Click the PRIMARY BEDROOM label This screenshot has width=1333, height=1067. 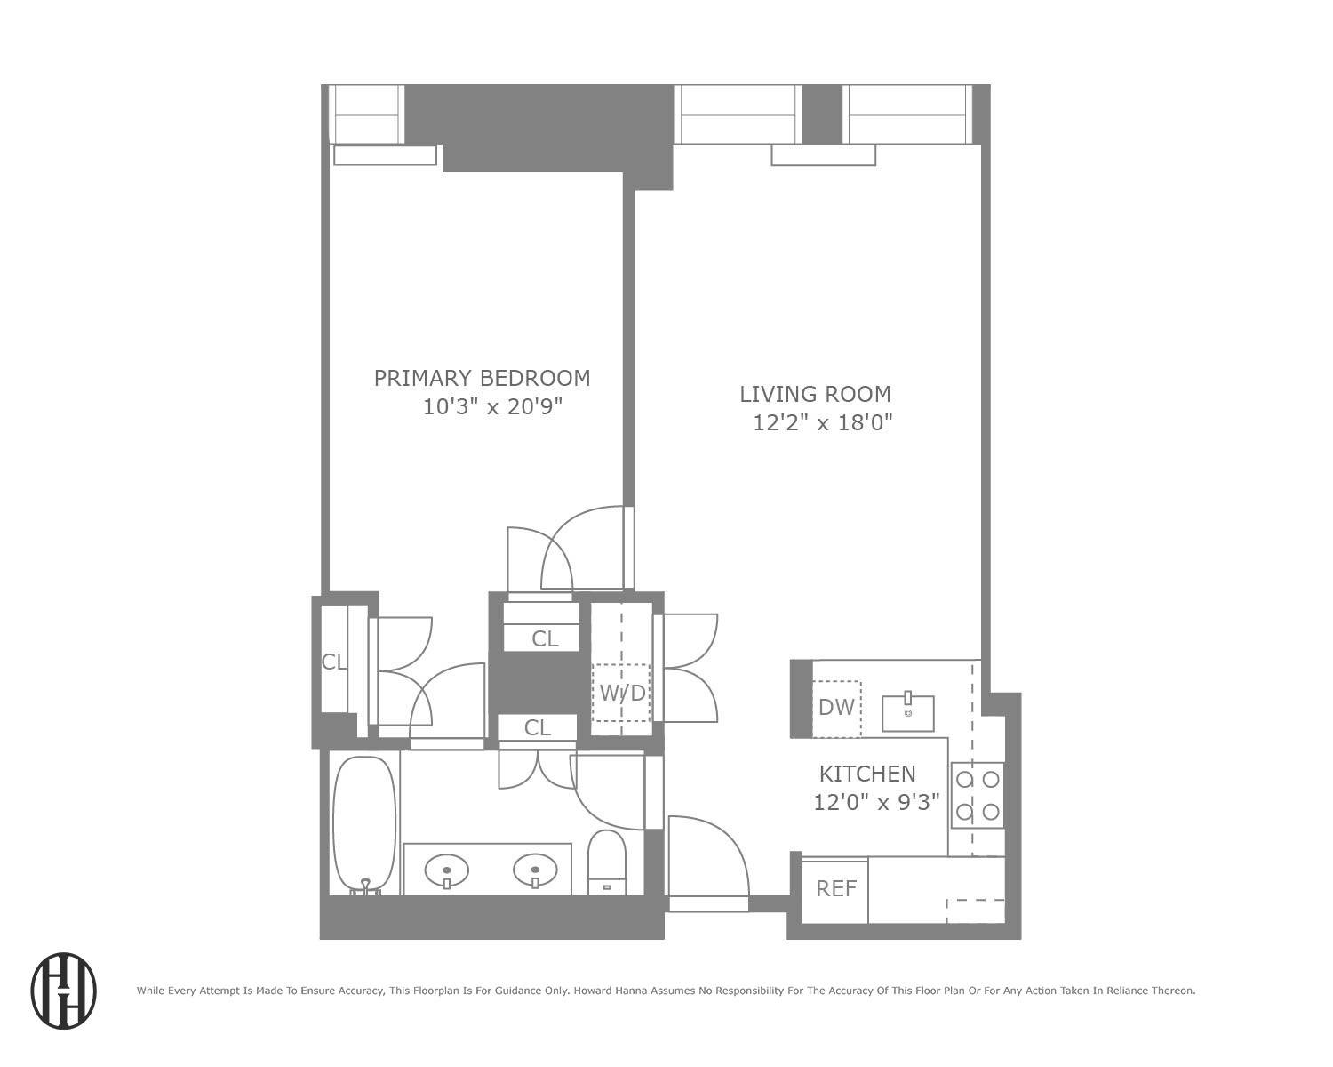482,378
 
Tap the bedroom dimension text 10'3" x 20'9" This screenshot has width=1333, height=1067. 492,406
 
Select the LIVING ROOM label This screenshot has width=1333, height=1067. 815,394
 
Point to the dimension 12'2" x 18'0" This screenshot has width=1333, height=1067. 823,423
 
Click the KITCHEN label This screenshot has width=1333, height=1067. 867,774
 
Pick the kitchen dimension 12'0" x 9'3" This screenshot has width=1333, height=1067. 876,803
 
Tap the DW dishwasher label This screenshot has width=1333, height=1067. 836,708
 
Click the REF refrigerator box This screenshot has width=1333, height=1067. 835,890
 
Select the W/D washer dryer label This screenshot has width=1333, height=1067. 623,694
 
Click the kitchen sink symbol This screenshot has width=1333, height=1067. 908,712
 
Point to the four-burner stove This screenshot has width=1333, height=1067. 978,796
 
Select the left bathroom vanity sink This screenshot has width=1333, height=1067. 446,871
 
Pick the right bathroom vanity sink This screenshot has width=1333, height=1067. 535,871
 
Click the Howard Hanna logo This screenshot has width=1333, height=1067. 63,991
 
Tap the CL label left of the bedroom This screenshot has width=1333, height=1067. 334,662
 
